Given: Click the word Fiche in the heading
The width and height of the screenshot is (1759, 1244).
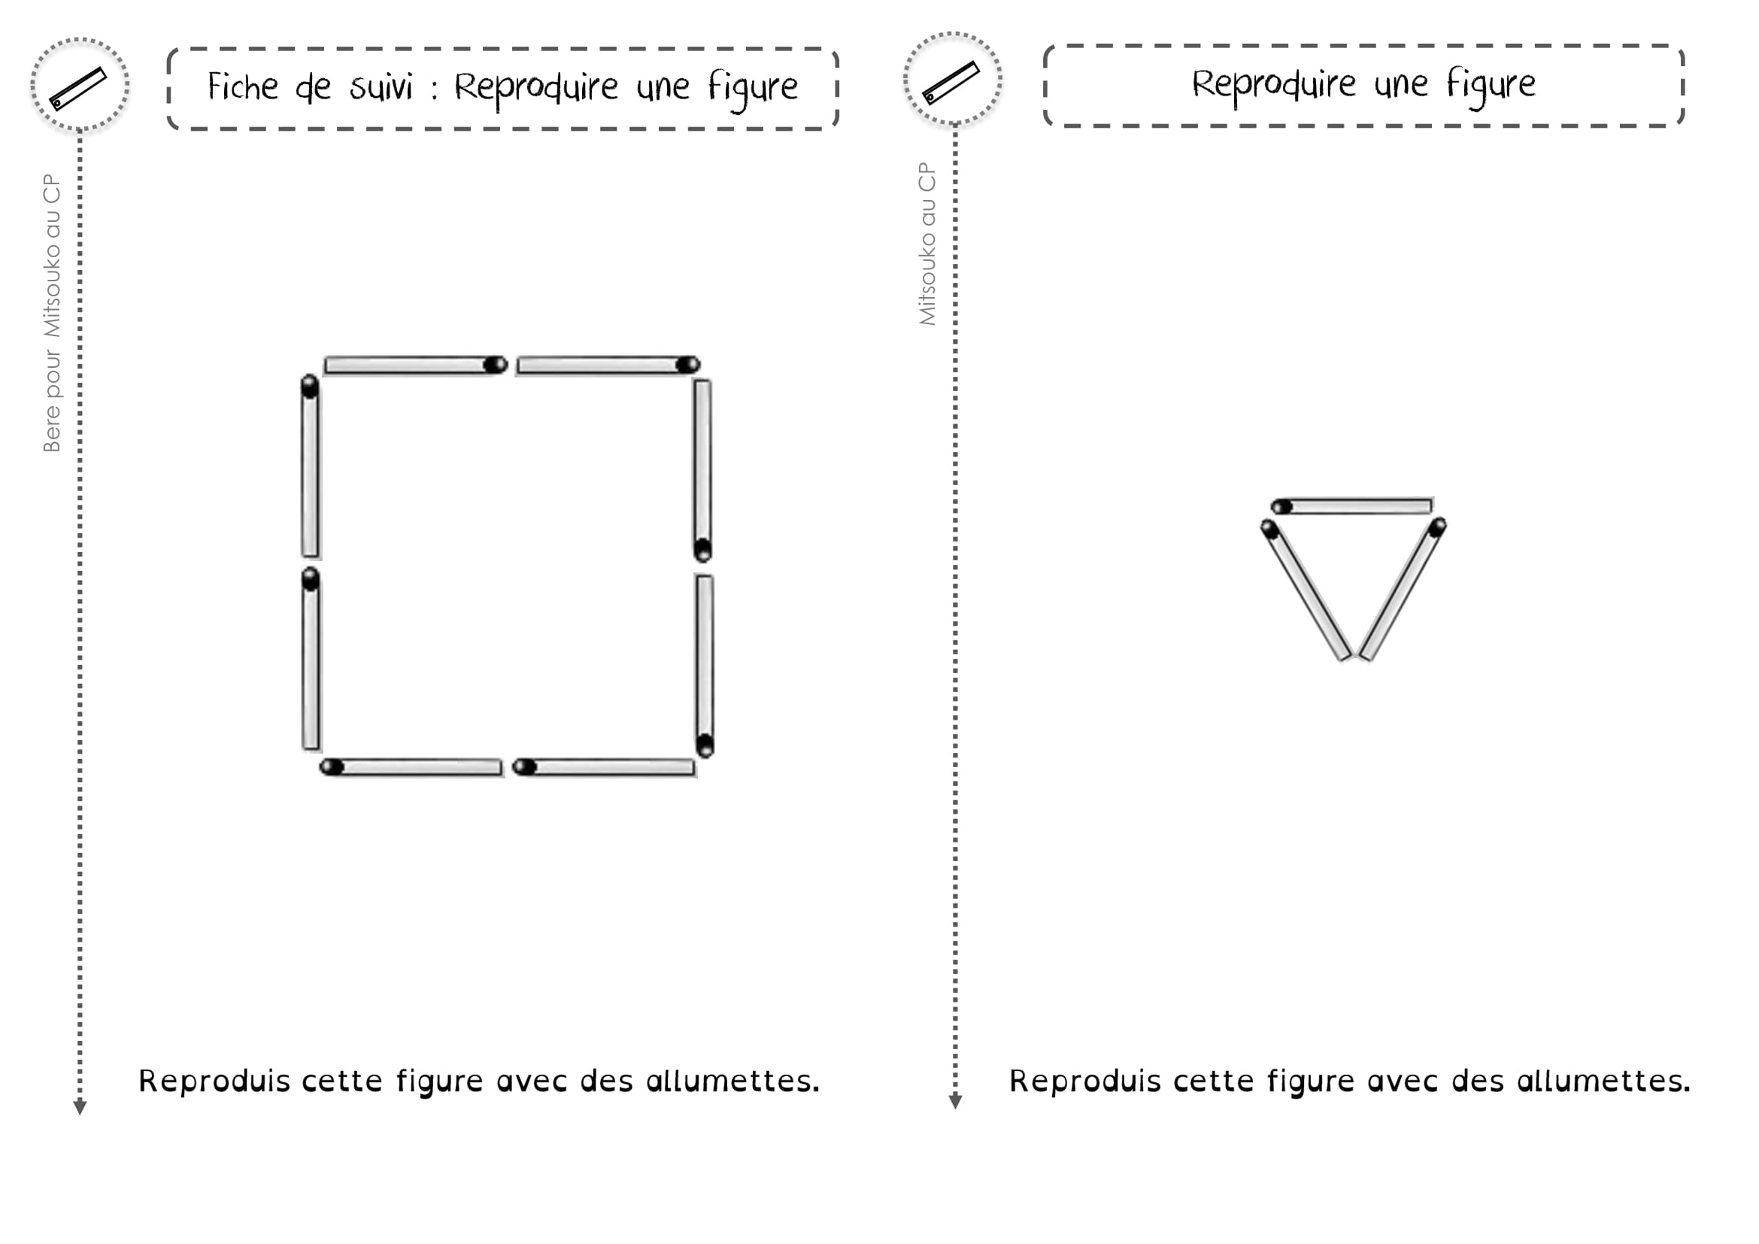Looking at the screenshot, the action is tap(243, 86).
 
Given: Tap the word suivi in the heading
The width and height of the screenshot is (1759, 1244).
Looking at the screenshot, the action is tap(381, 86).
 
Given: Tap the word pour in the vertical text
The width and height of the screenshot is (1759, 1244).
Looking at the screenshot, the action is tap(51, 374).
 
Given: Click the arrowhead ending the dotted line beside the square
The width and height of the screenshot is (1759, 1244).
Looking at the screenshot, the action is tap(80, 1108).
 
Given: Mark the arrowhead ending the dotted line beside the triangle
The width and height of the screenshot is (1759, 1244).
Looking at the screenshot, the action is tap(954, 1102).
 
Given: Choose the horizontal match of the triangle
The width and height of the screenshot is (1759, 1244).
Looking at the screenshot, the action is tap(1351, 506).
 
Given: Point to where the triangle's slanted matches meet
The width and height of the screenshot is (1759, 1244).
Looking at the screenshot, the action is tap(1356, 656).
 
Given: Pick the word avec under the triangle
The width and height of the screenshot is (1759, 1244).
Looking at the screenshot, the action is tap(1403, 1082).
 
